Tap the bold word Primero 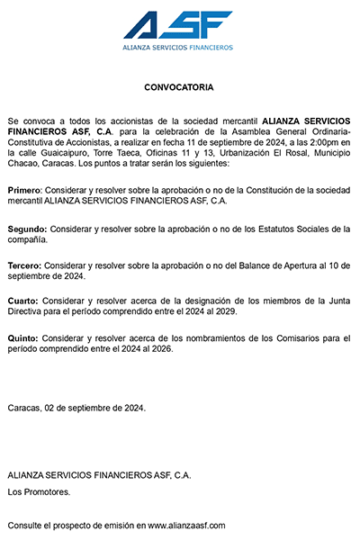24,192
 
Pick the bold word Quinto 22,337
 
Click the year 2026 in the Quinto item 163,348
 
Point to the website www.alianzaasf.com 186,525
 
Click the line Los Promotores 39,491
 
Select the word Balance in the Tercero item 237,266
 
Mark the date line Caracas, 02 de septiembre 76,408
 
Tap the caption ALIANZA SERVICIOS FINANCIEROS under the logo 177,47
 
